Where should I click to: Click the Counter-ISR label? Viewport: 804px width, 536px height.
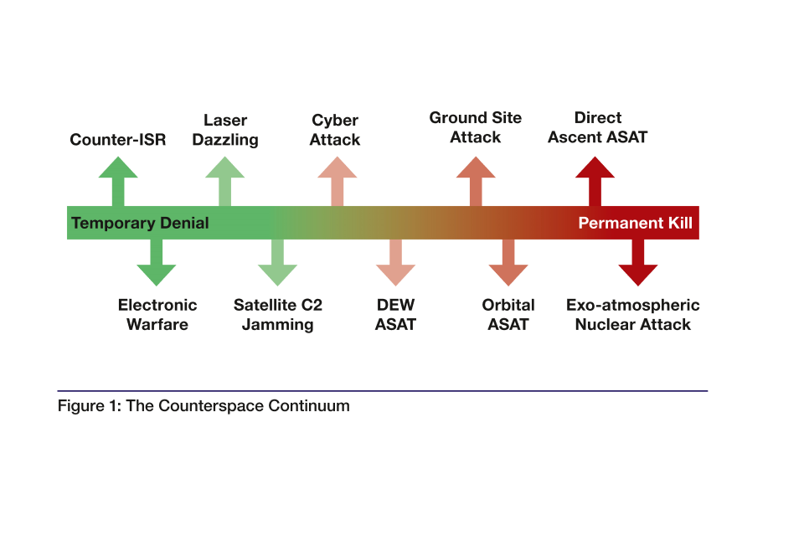click(x=118, y=140)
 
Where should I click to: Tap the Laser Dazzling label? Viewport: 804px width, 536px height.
click(x=225, y=130)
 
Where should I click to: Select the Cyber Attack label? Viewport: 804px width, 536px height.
click(x=335, y=130)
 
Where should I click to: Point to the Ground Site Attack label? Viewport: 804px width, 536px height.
click(x=476, y=127)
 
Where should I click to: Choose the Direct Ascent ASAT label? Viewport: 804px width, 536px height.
click(x=598, y=127)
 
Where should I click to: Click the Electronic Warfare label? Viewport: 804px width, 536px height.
click(x=157, y=315)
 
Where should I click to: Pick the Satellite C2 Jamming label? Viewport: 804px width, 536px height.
click(x=278, y=315)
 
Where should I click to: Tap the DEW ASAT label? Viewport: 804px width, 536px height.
click(x=395, y=315)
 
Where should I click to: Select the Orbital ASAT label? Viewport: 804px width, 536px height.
click(x=508, y=315)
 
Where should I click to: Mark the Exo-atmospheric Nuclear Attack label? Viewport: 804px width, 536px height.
click(x=633, y=315)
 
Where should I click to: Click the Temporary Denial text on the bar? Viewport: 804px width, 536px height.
click(x=140, y=224)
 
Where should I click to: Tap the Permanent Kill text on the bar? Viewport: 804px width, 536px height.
click(x=635, y=224)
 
